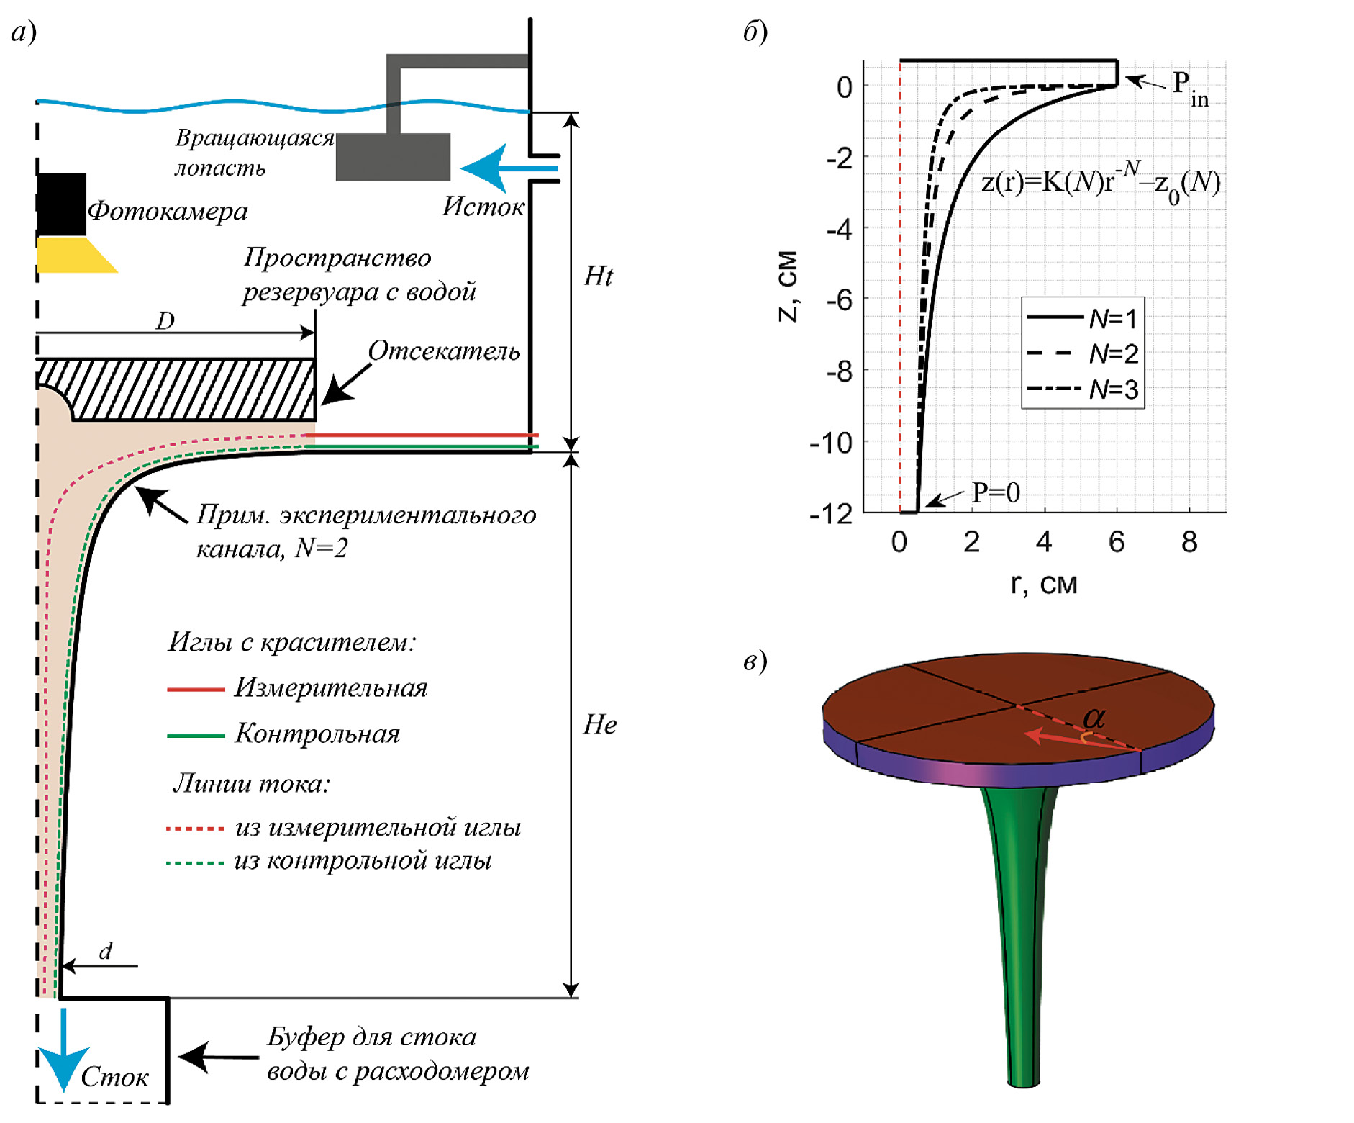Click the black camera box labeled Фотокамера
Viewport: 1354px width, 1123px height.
pyautogui.click(x=62, y=204)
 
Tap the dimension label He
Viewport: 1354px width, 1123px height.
pyautogui.click(x=599, y=725)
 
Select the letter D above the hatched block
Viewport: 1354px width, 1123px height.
pyautogui.click(x=165, y=320)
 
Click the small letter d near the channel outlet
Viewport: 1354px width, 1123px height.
pyautogui.click(x=106, y=952)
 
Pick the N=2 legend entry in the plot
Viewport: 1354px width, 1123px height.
pyautogui.click(x=1082, y=353)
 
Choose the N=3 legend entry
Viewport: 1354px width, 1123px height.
pyautogui.click(x=1082, y=389)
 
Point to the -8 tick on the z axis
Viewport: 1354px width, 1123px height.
pyautogui.click(x=839, y=371)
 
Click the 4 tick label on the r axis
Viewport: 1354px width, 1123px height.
pyautogui.click(x=1044, y=542)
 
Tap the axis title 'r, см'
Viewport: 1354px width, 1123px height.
pyautogui.click(x=1044, y=584)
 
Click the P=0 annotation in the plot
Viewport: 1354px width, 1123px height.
pyautogui.click(x=995, y=492)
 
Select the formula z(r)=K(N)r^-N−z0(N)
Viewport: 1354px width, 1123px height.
pyautogui.click(x=1101, y=184)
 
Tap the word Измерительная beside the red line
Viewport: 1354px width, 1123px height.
pyautogui.click(x=331, y=688)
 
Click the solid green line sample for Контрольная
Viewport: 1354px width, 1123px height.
pyautogui.click(x=196, y=736)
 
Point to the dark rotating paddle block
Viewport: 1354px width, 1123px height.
pyautogui.click(x=393, y=157)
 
